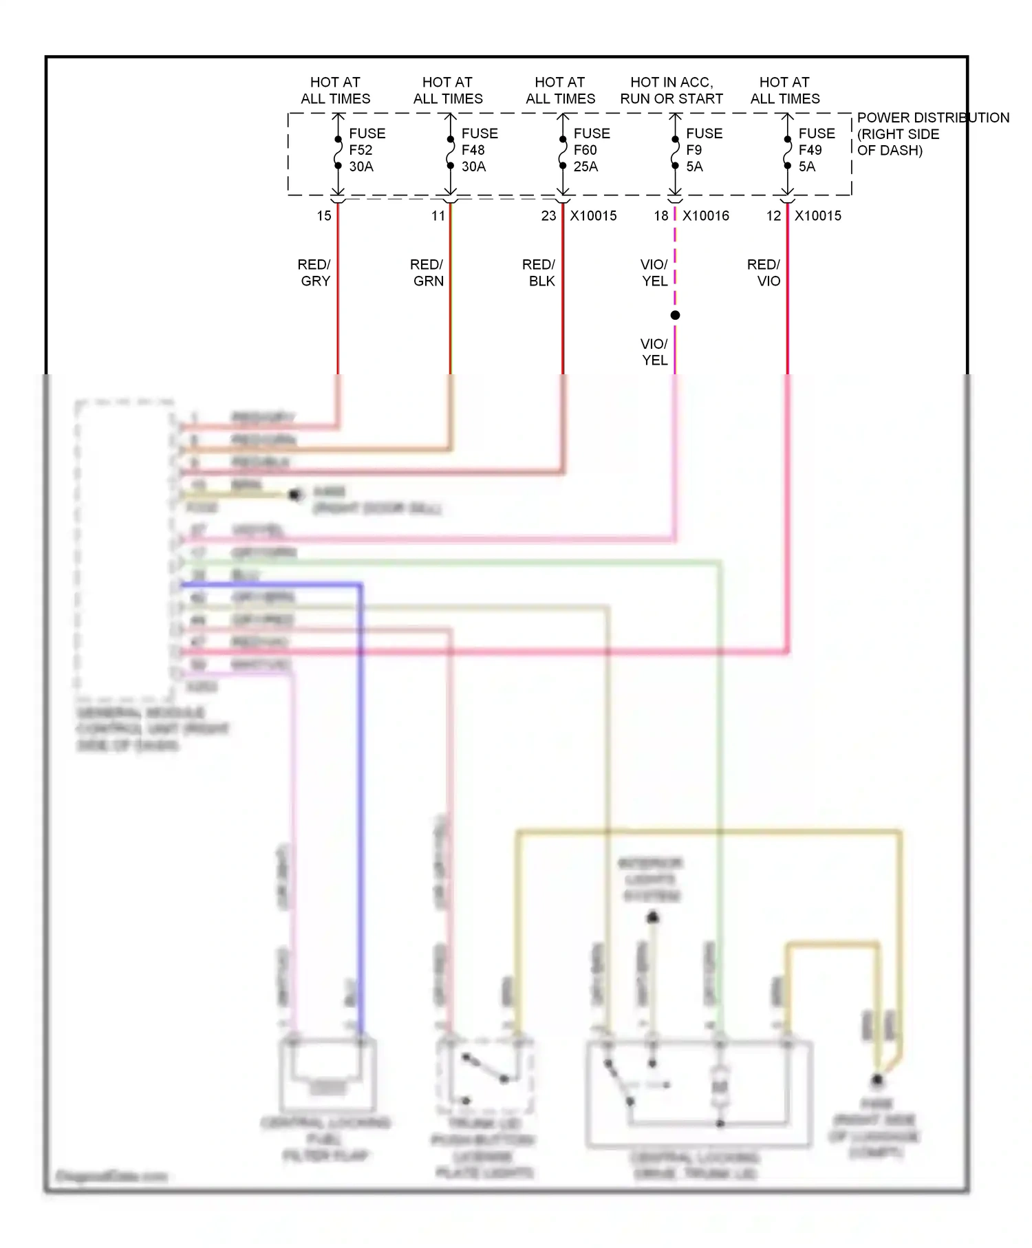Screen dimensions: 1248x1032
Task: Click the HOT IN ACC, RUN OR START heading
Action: [671, 90]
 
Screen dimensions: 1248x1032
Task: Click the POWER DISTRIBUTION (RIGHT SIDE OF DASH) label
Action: [932, 134]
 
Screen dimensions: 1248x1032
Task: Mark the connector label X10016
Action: [705, 216]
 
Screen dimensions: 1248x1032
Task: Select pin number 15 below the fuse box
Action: [324, 216]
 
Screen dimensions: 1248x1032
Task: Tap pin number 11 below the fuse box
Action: [438, 216]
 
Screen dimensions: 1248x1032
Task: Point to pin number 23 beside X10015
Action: [548, 216]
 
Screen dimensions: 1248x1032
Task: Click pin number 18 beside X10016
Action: [661, 216]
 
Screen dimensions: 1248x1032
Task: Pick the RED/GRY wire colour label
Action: [314, 272]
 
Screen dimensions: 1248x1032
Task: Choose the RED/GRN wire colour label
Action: [427, 272]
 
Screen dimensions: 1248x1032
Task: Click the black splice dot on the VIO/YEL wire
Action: [675, 315]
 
